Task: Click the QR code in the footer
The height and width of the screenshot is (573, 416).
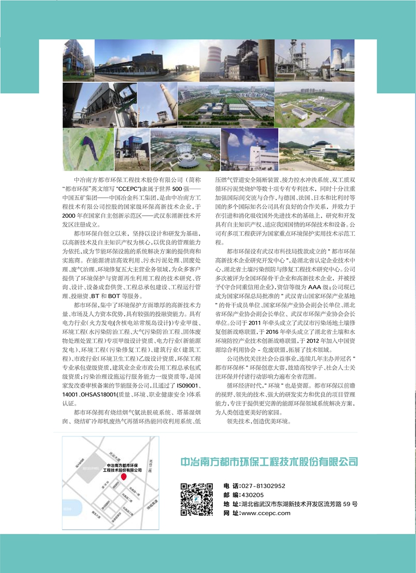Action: pos(197,500)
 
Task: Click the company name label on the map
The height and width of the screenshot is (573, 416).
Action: pos(123,467)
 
